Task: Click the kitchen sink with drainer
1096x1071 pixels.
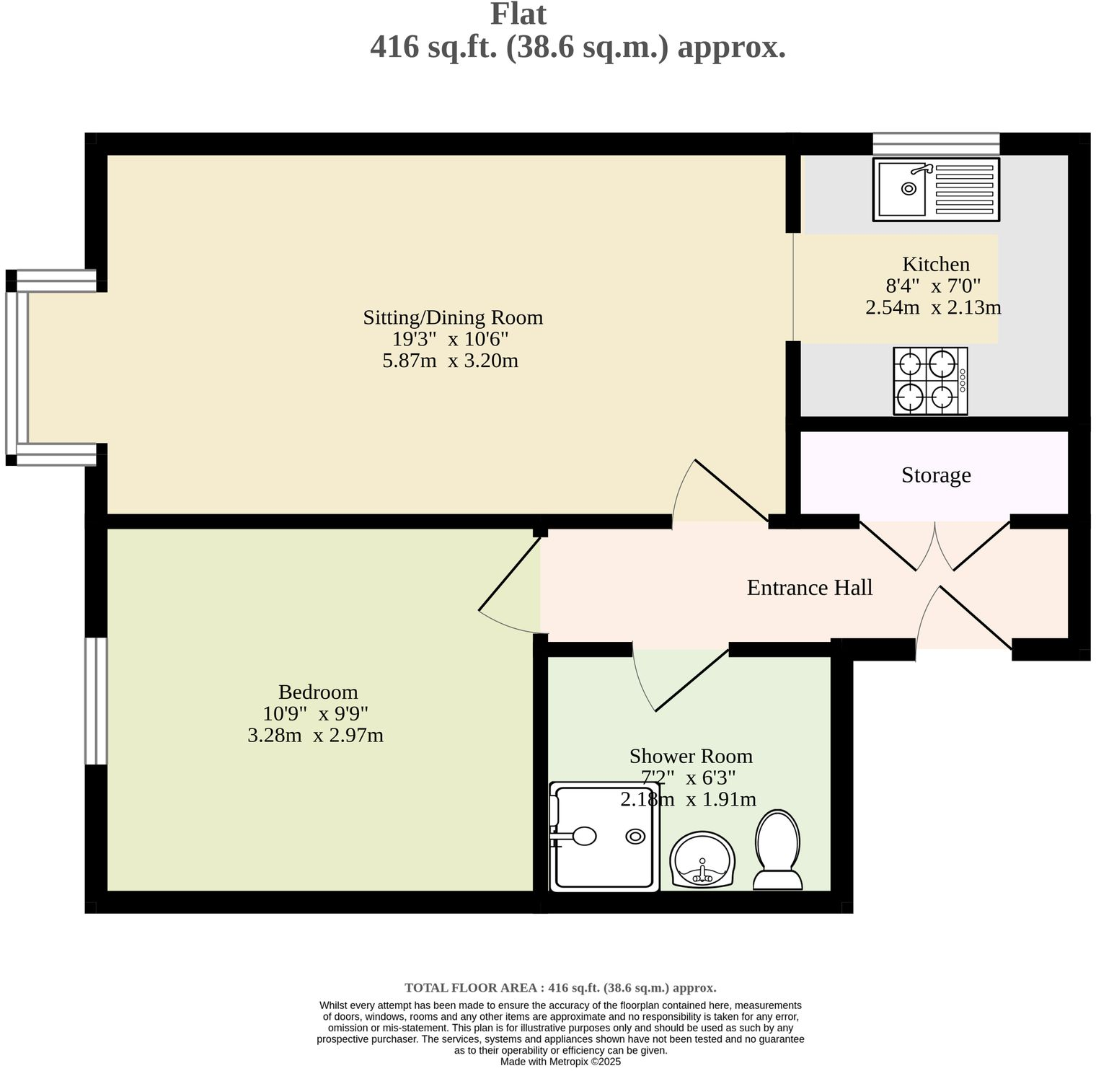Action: click(x=936, y=189)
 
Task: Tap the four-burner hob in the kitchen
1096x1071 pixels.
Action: click(x=930, y=381)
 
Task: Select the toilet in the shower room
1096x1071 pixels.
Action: click(x=777, y=851)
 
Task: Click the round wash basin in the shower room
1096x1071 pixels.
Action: click(x=702, y=860)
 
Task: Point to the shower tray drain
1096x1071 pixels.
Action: click(x=635, y=836)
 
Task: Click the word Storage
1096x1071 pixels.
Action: click(x=936, y=475)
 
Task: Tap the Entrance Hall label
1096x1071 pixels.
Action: click(x=809, y=588)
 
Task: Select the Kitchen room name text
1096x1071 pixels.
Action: click(x=936, y=264)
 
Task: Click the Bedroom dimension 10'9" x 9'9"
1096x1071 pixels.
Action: click(x=316, y=714)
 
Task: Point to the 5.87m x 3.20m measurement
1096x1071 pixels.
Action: click(x=450, y=361)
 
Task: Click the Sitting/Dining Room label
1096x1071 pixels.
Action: click(x=452, y=317)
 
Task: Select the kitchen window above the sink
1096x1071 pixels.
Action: click(x=936, y=144)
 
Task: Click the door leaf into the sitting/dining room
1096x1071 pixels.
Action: click(x=730, y=490)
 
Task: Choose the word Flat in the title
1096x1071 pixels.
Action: click(x=518, y=14)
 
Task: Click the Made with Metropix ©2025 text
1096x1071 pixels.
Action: click(x=560, y=1062)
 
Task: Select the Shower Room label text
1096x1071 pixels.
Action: click(x=690, y=756)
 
